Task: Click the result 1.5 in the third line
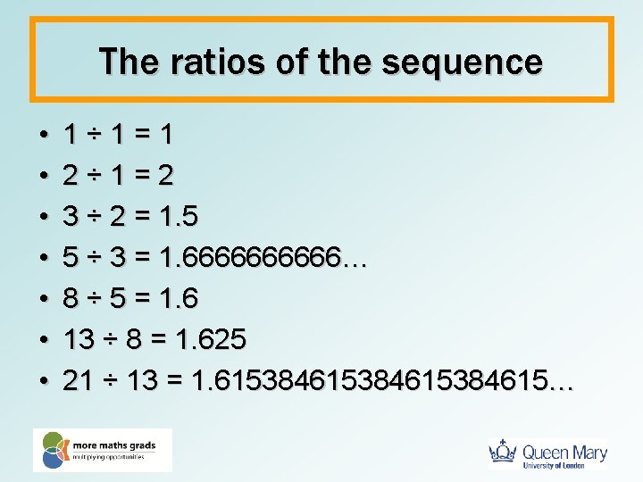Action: tap(179, 217)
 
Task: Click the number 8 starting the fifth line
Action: tap(71, 299)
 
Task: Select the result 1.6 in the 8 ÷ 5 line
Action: tap(178, 299)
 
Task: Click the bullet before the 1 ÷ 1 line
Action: tap(44, 136)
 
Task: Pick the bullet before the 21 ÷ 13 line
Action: tap(44, 382)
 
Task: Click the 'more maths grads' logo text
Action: tap(121, 444)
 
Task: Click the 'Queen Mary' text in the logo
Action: tap(564, 453)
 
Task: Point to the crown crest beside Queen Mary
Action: tap(504, 453)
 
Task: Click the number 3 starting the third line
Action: tap(71, 217)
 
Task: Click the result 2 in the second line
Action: tap(164, 176)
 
